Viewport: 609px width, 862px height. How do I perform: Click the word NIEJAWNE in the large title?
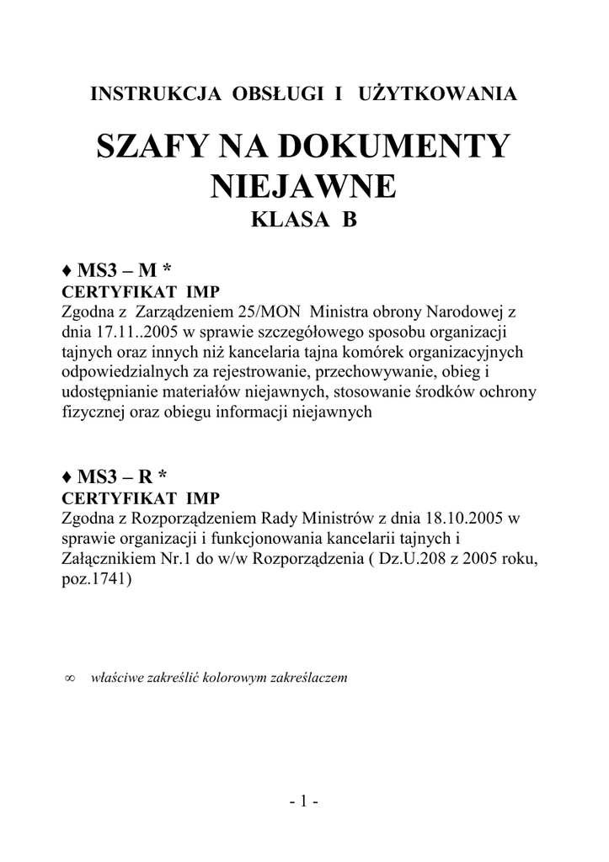tap(303, 186)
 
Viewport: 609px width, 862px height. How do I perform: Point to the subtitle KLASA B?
tap(303, 221)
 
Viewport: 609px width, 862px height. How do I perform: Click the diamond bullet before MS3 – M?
tap(67, 271)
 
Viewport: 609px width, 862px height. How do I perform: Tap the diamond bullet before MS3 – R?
tap(67, 477)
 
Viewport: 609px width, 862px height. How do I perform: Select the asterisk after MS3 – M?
tap(168, 269)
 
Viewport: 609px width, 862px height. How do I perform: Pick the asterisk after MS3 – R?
tap(164, 476)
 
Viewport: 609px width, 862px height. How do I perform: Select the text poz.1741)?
tap(97, 579)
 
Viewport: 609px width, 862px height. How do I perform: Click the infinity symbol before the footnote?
tap(70, 678)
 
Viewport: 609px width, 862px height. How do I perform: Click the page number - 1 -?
tap(303, 802)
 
